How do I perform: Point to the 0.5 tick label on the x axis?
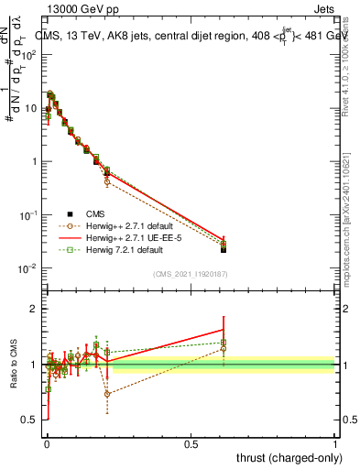(191, 443)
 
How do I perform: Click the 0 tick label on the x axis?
(47, 443)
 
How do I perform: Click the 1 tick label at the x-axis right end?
(335, 443)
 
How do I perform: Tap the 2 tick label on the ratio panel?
(33, 309)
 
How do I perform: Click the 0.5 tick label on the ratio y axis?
(28, 420)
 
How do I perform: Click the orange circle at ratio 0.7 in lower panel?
(107, 394)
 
